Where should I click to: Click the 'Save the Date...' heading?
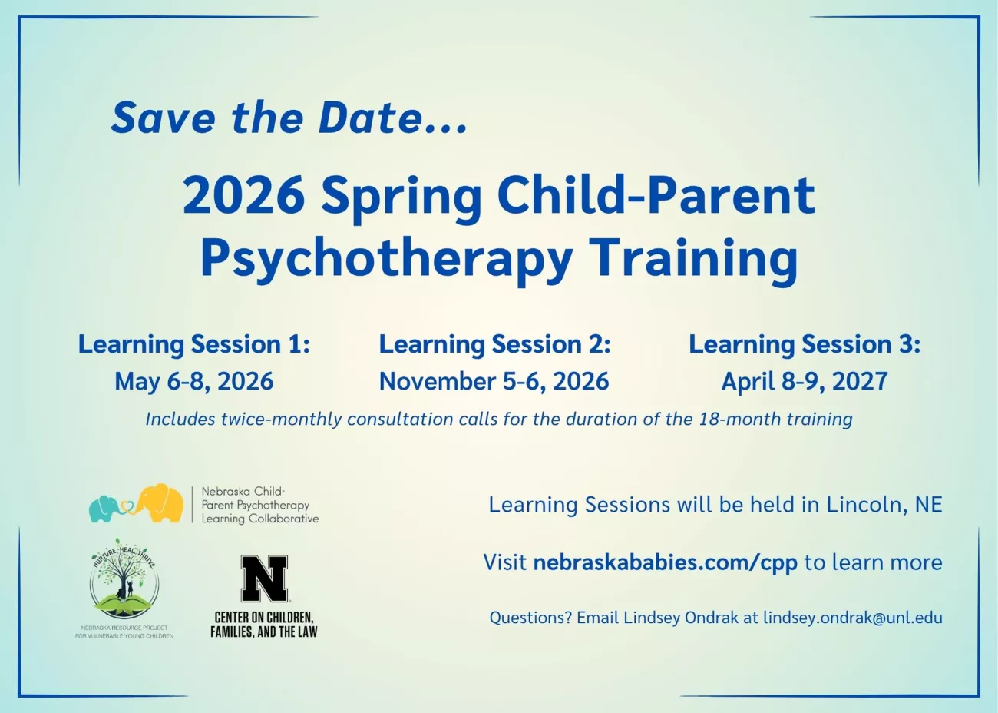pyautogui.click(x=289, y=118)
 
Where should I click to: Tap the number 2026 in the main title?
pyautogui.click(x=244, y=195)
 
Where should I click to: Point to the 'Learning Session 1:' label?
pyautogui.click(x=193, y=344)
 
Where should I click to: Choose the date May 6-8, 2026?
pyautogui.click(x=193, y=381)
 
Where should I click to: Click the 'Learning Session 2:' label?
pyautogui.click(x=494, y=344)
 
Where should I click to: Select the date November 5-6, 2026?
pyautogui.click(x=494, y=381)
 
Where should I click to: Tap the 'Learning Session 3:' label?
pyautogui.click(x=805, y=344)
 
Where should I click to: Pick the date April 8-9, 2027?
pyautogui.click(x=805, y=381)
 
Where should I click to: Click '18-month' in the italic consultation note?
pyautogui.click(x=740, y=420)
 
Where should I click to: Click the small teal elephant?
pyautogui.click(x=104, y=509)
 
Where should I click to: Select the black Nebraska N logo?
pyautogui.click(x=264, y=579)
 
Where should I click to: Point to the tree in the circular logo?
pyautogui.click(x=121, y=573)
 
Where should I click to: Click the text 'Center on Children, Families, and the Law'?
pyautogui.click(x=264, y=625)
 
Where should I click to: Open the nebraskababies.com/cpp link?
pyautogui.click(x=665, y=562)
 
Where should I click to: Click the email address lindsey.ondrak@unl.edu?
pyautogui.click(x=853, y=618)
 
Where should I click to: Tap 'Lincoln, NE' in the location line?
pyautogui.click(x=884, y=505)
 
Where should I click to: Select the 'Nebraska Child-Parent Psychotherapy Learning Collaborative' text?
pyautogui.click(x=260, y=505)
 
